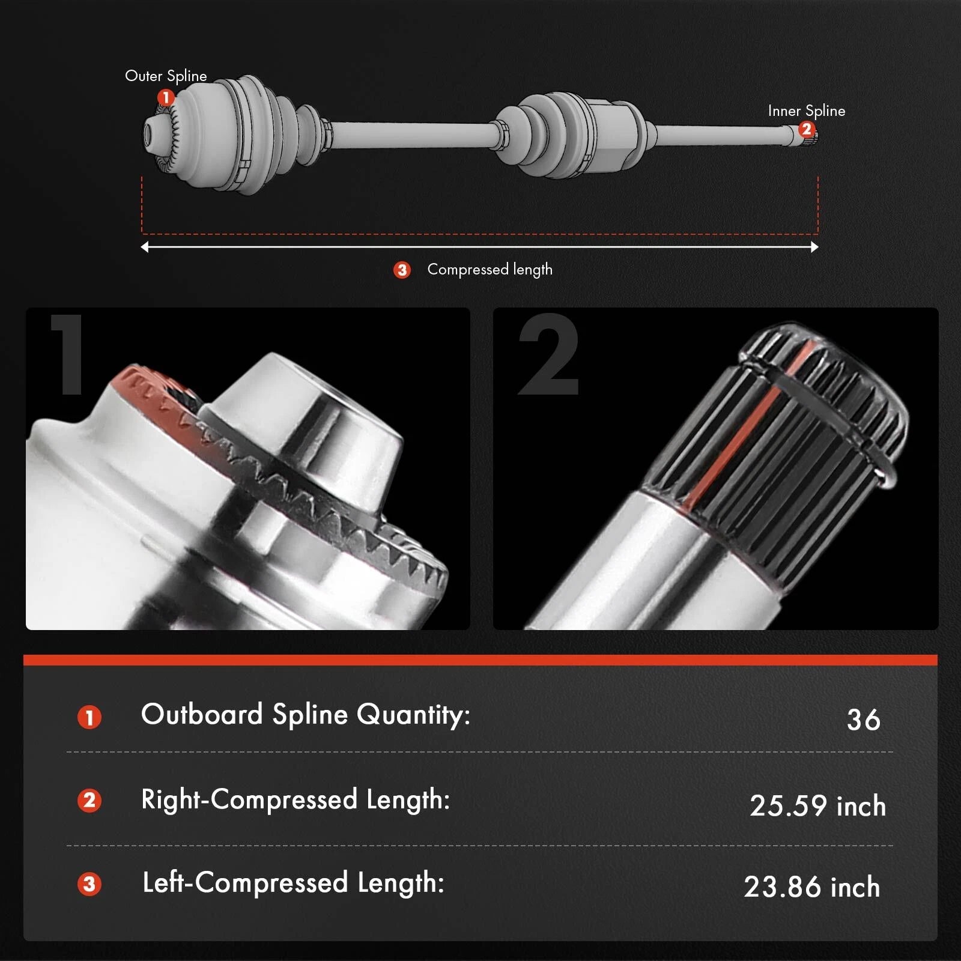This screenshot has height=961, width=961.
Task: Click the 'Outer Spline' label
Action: (x=166, y=76)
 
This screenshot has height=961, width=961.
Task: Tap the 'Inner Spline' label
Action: (x=807, y=111)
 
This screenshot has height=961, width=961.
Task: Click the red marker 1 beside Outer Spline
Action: (x=166, y=97)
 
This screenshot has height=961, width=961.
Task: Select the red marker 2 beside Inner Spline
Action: (x=806, y=129)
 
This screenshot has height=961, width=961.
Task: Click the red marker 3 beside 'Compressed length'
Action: (x=402, y=270)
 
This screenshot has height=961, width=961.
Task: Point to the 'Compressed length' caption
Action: (x=490, y=270)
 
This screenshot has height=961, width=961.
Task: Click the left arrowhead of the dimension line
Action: (x=144, y=247)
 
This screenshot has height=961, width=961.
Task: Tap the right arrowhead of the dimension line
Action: (x=814, y=247)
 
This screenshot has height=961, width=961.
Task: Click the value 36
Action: (x=863, y=720)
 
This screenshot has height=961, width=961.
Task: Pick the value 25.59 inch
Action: (x=817, y=805)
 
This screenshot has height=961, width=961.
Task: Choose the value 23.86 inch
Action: (x=812, y=887)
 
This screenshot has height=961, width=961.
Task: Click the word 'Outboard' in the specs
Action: (x=202, y=714)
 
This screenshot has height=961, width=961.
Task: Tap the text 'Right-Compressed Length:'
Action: (x=296, y=800)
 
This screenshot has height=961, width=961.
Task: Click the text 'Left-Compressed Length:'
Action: (x=293, y=883)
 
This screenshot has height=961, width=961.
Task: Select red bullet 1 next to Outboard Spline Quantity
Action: (x=89, y=717)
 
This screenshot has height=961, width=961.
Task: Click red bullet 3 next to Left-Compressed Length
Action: (x=89, y=884)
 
